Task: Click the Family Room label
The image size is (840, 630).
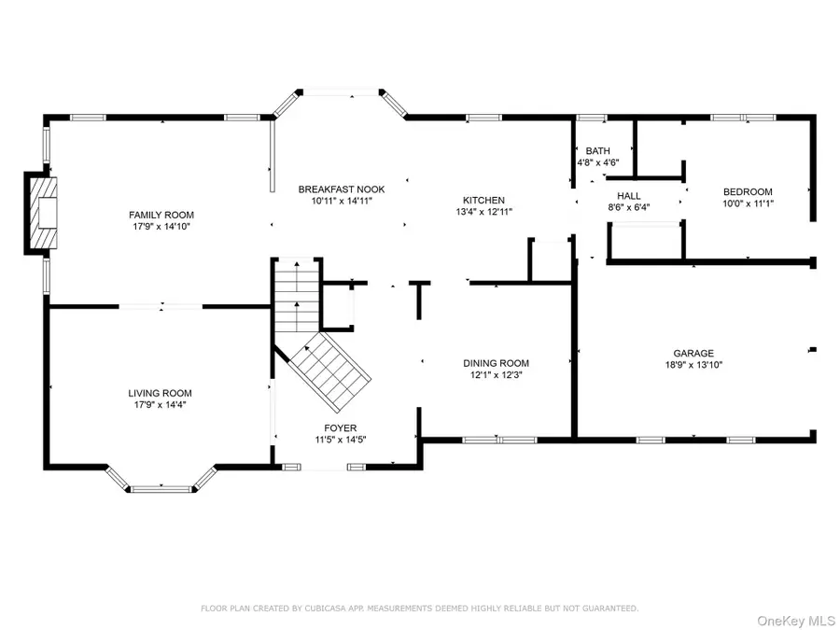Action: [x=161, y=215]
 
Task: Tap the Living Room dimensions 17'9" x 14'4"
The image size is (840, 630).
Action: [x=160, y=405]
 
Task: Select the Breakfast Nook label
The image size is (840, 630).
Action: [x=341, y=189]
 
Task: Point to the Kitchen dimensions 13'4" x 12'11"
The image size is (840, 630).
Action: [x=483, y=212]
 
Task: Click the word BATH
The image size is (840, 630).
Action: [x=597, y=150]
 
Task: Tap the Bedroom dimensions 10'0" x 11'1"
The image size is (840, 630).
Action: [x=749, y=203]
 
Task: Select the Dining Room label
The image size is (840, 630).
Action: [x=496, y=363]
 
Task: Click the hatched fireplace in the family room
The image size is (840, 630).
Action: [x=43, y=213]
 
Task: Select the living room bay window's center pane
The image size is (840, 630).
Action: [x=161, y=487]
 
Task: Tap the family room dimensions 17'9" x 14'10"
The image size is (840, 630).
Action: [x=161, y=227]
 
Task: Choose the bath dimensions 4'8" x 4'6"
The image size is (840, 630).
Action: [x=598, y=162]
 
